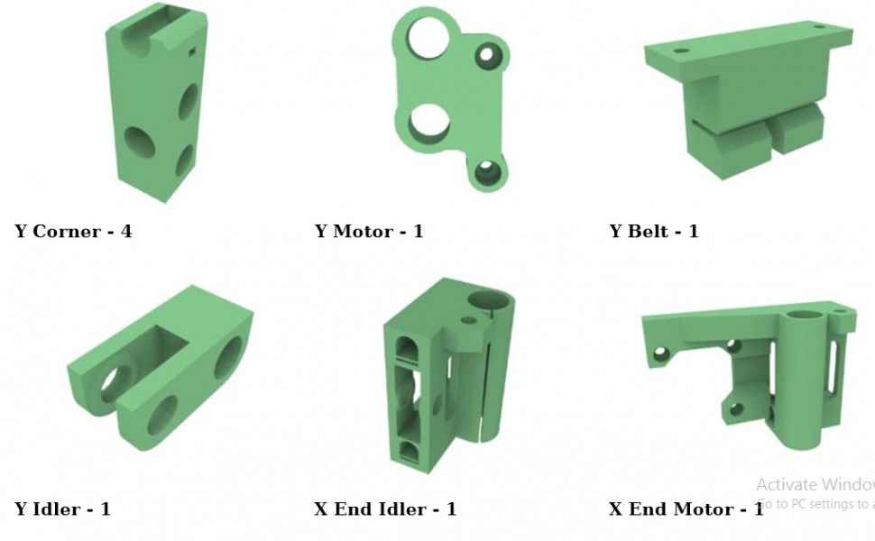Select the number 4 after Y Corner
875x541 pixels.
[126, 232]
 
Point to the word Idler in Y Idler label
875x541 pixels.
[59, 509]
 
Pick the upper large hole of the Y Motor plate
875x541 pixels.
[426, 37]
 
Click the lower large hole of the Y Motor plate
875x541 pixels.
[428, 124]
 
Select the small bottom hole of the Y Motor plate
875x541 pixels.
[487, 171]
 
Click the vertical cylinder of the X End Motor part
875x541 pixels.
[800, 379]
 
